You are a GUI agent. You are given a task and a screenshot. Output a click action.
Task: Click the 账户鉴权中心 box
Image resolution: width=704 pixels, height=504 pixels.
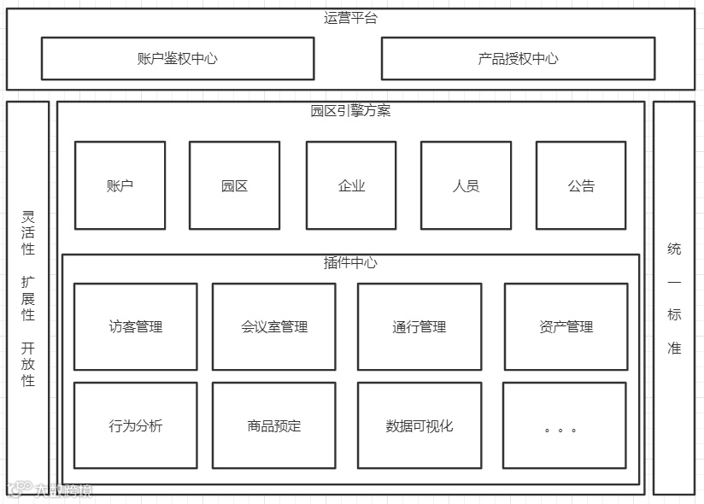177,58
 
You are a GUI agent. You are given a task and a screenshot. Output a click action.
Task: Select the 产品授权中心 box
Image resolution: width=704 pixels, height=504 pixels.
518,58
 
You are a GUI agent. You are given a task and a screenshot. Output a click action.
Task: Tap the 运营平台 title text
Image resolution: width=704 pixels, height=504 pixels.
350,18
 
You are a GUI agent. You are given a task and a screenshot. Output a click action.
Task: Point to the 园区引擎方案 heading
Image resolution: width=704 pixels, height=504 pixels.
350,111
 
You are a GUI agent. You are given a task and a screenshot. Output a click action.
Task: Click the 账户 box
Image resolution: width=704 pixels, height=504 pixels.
120,185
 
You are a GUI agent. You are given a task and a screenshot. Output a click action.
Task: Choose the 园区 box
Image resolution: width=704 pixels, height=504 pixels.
234,185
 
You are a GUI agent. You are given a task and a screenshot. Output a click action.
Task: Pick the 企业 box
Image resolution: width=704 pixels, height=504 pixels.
351,185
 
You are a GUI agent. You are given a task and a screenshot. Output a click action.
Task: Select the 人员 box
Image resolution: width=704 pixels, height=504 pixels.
466,185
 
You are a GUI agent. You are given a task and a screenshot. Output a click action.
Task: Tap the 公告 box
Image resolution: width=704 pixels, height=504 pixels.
581,185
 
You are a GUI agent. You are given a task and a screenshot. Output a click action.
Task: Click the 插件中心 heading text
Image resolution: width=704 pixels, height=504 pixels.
350,263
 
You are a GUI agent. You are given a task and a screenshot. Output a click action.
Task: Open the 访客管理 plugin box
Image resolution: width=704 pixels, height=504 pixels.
135,326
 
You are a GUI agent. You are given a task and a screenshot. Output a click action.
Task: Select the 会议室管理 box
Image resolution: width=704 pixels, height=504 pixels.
273,326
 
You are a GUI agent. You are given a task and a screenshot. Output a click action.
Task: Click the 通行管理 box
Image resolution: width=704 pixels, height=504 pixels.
419,326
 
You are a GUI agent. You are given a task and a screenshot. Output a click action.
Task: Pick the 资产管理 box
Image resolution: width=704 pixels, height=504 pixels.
566,326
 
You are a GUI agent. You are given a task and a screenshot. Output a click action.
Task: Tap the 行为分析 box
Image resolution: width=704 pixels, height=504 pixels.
135,425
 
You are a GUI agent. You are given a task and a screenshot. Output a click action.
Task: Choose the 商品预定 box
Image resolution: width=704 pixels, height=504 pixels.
273,425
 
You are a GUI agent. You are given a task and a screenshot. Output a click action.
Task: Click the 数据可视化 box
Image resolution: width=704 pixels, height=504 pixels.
419,425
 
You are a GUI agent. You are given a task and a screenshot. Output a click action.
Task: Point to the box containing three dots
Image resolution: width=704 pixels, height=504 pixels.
564,425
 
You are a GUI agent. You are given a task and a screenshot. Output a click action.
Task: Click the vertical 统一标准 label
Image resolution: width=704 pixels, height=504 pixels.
674,299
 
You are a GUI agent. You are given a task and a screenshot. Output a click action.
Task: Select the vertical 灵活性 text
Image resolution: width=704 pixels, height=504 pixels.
28,232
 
